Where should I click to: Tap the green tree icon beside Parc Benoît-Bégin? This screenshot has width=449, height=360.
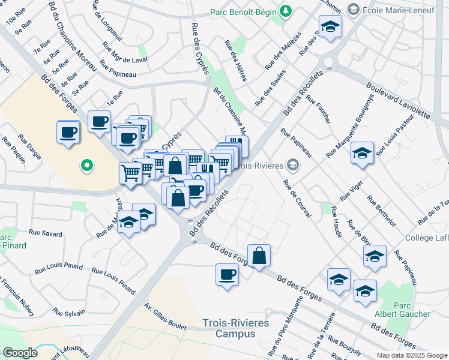tap(286, 11)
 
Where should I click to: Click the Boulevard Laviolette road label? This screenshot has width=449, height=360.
tap(406, 104)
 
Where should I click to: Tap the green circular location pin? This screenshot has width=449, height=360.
tap(86, 164)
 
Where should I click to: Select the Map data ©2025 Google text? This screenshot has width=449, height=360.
tap(411, 355)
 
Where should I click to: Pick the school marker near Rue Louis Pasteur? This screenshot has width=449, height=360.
tap(362, 154)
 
